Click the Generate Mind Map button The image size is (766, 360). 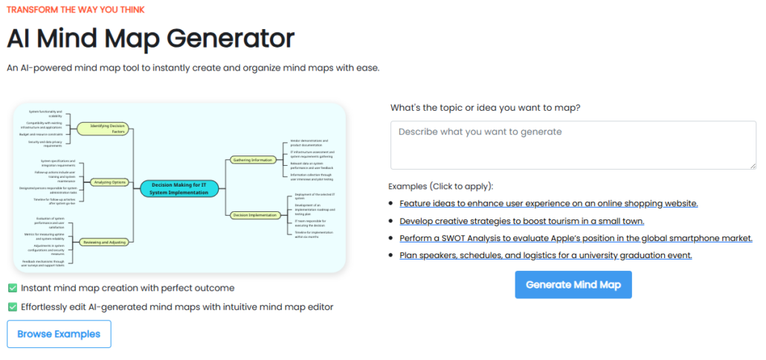[x=573, y=284]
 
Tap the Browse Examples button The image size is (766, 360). [x=59, y=334]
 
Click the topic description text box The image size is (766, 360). [x=573, y=145]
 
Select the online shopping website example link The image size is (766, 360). [x=548, y=203]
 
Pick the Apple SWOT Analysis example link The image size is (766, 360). [x=576, y=238]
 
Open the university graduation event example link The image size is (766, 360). [x=545, y=255]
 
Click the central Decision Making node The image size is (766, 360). [x=180, y=188]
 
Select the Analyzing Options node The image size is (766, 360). [x=109, y=182]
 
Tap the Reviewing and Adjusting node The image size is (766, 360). [x=103, y=242]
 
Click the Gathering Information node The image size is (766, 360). [x=251, y=159]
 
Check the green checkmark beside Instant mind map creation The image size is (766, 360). [x=13, y=288]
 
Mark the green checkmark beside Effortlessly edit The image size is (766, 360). [x=13, y=306]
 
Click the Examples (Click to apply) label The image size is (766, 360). [x=440, y=186]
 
